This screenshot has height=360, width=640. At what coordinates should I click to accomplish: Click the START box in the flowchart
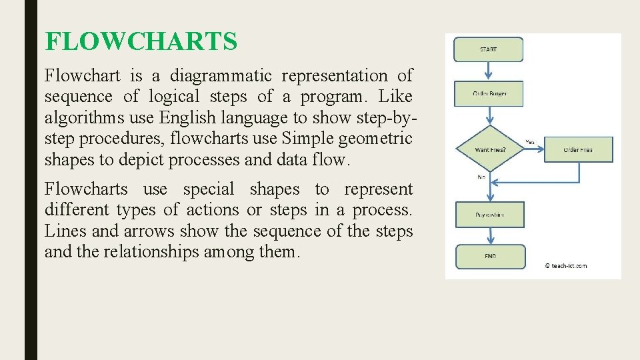[489, 49]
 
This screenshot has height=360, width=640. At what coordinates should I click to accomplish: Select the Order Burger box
[489, 94]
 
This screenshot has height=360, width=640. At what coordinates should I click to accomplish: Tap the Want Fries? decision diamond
[490, 149]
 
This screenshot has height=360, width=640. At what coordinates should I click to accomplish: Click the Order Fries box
[577, 150]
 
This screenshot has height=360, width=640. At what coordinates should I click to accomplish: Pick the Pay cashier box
[490, 215]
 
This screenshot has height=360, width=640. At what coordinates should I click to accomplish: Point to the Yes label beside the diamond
[531, 141]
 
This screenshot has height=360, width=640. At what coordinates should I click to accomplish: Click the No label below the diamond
[481, 177]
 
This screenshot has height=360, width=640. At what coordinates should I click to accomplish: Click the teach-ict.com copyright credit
[566, 265]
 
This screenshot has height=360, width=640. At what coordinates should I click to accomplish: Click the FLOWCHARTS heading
[141, 42]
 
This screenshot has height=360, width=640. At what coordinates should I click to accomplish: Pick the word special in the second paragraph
[209, 189]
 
